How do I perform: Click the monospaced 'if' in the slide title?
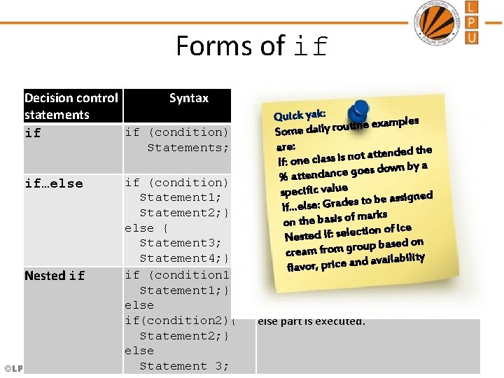tap(311, 47)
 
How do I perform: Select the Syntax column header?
tap(188, 98)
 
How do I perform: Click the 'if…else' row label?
tap(53, 183)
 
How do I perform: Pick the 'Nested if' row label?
tap(55, 276)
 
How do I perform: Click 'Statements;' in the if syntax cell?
tap(188, 148)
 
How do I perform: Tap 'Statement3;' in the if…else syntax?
tap(181, 243)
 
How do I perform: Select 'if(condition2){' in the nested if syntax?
tap(181, 321)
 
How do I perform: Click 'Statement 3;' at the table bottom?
tap(184, 366)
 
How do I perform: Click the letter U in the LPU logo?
tap(472, 37)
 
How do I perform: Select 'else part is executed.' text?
tap(311, 321)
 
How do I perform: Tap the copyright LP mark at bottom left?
tap(12, 368)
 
